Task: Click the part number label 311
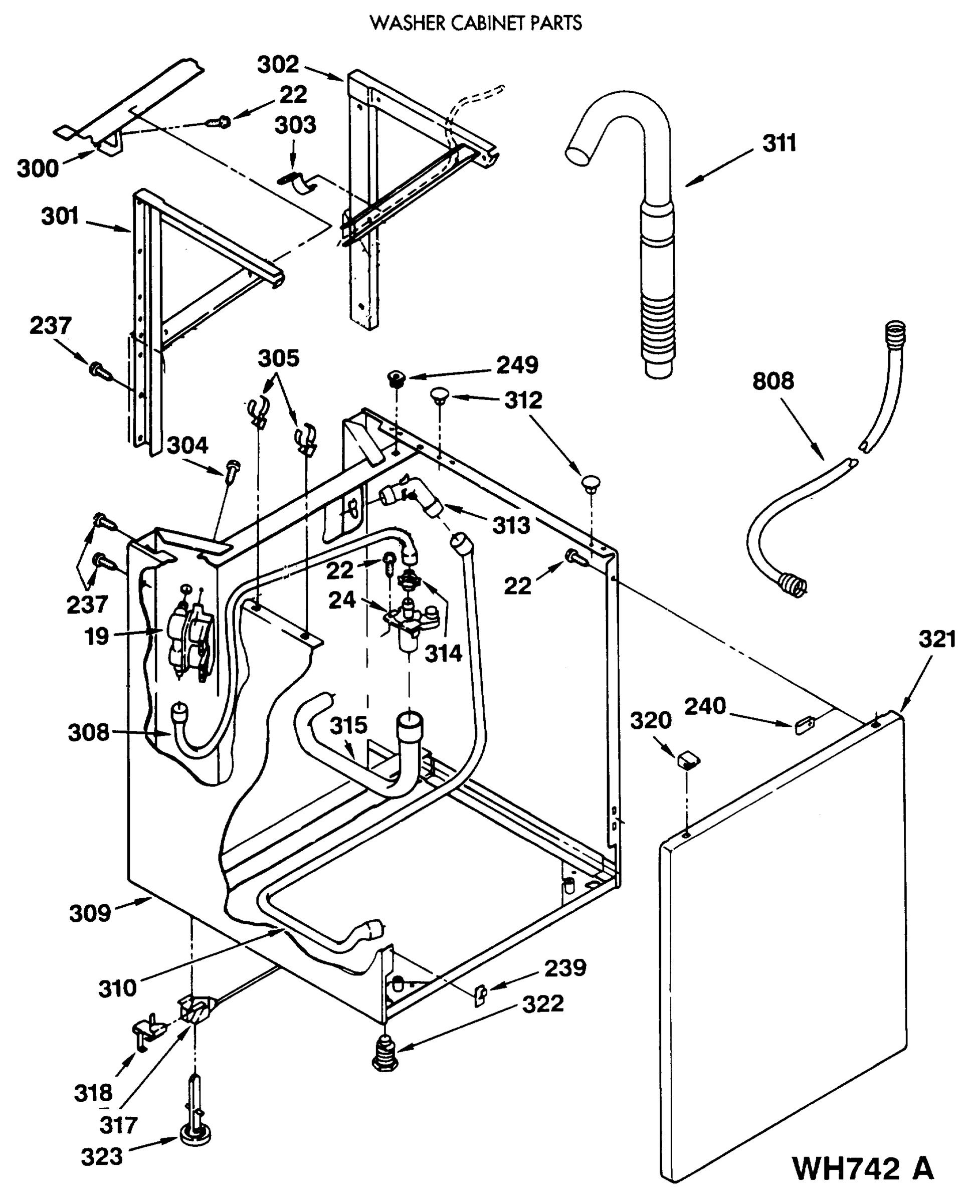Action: (x=779, y=144)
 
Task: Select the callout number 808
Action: (x=772, y=381)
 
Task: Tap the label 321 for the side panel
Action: (x=937, y=639)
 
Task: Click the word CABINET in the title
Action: (x=478, y=23)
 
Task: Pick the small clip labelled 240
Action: (x=804, y=725)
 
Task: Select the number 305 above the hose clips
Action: (x=279, y=358)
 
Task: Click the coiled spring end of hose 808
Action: (x=794, y=585)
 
